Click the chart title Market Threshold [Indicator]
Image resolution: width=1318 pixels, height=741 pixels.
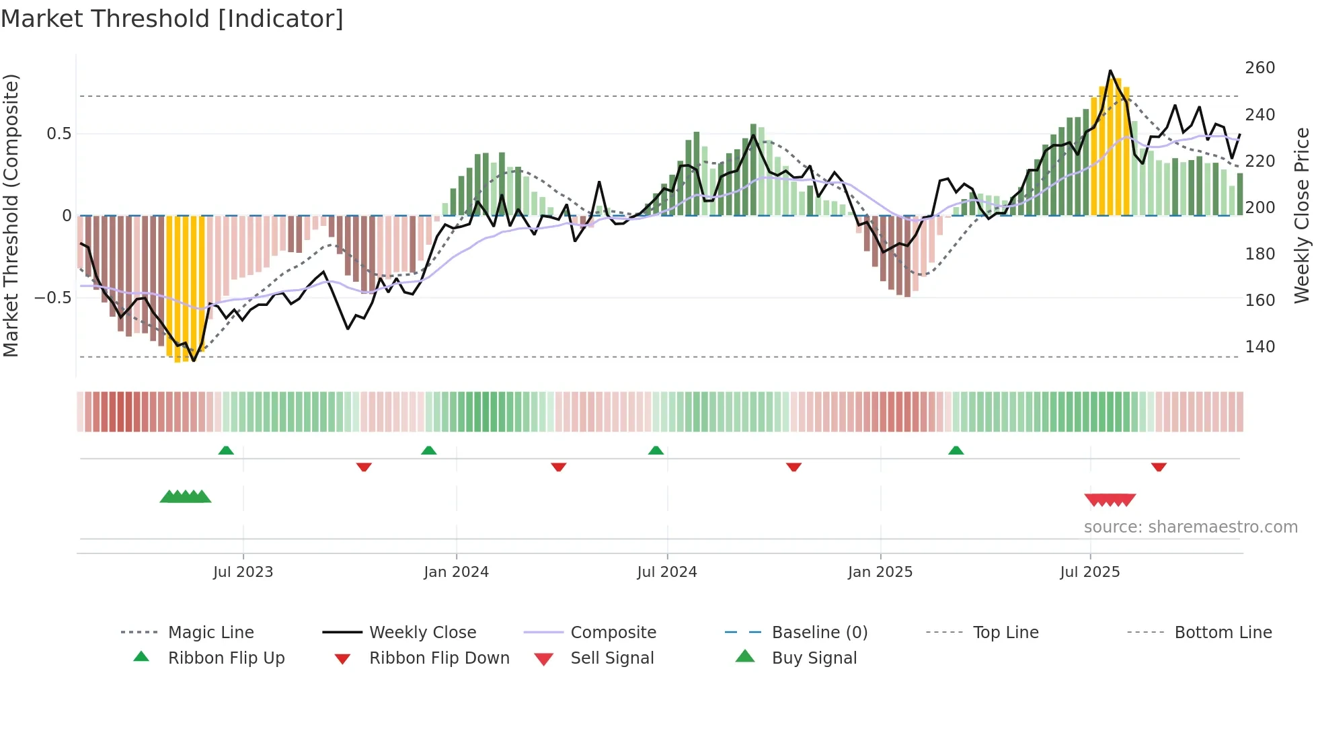point(172,19)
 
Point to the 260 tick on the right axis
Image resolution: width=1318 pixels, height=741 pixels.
point(1259,68)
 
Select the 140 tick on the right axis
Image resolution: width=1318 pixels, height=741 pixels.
point(1259,347)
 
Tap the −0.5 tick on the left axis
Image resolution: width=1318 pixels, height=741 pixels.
point(53,297)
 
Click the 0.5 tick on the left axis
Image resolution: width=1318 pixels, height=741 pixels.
point(59,134)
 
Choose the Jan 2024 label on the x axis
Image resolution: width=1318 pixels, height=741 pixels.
point(456,572)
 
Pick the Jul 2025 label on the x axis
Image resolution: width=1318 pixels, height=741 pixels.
point(1089,572)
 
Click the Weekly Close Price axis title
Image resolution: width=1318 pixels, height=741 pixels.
point(1302,215)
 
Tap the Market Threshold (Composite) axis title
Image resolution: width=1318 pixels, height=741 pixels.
point(11,215)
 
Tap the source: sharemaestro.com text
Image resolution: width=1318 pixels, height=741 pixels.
point(1190,527)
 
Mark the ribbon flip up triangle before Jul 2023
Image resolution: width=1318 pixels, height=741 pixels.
point(226,451)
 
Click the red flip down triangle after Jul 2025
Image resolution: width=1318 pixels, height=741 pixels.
point(1158,467)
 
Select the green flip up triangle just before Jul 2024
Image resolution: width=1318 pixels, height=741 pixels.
point(656,451)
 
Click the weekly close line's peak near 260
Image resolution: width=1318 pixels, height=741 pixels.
point(1110,71)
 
